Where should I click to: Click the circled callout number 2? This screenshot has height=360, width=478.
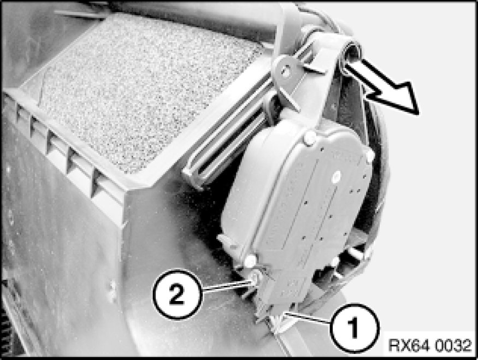pyautogui.click(x=177, y=294)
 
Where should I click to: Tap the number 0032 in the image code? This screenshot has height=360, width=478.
pyautogui.click(x=453, y=346)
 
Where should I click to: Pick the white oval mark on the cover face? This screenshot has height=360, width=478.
pyautogui.click(x=337, y=176)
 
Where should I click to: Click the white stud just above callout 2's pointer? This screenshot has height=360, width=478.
pyautogui.click(x=251, y=261)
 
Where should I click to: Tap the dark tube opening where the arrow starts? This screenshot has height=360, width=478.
pyautogui.click(x=351, y=52)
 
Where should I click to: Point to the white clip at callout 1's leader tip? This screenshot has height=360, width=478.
pyautogui.click(x=279, y=322)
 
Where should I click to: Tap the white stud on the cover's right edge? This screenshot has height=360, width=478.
pyautogui.click(x=370, y=156)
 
